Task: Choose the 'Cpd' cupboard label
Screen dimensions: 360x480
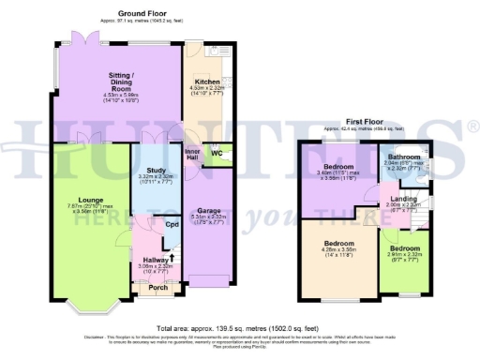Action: pyautogui.click(x=172, y=225)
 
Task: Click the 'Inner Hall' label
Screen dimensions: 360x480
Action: pyautogui.click(x=192, y=153)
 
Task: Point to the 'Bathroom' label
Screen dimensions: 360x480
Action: pyautogui.click(x=404, y=157)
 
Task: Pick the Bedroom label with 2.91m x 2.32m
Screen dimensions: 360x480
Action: pyautogui.click(x=406, y=248)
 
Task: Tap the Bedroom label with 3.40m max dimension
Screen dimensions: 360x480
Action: pyautogui.click(x=338, y=166)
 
